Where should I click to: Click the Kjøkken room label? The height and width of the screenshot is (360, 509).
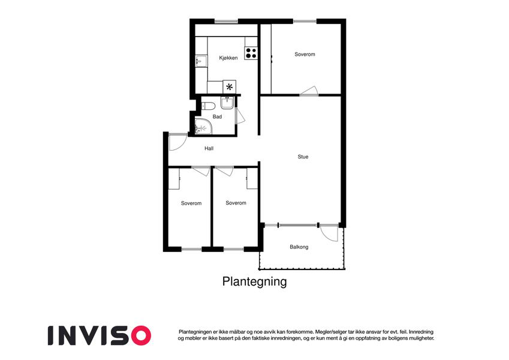pyautogui.click(x=228, y=58)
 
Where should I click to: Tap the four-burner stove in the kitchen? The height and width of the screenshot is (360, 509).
pyautogui.click(x=251, y=53)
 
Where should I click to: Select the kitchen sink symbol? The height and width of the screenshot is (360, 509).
pyautogui.click(x=201, y=61)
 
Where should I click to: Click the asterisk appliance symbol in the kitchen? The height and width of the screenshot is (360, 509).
pyautogui.click(x=230, y=87)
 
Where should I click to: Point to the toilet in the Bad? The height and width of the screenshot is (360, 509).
pyautogui.click(x=209, y=106)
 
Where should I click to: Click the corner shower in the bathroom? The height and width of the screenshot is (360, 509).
pyautogui.click(x=203, y=127)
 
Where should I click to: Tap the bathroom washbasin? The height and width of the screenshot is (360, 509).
pyautogui.click(x=227, y=103)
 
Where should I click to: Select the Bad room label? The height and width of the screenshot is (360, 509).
pyautogui.click(x=217, y=116)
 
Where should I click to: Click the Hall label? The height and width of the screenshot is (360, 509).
pyautogui.click(x=209, y=148)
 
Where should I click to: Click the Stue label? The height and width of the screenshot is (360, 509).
pyautogui.click(x=303, y=157)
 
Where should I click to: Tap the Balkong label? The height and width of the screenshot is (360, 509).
pyautogui.click(x=299, y=247)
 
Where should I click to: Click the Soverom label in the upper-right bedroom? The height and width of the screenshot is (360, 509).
pyautogui.click(x=305, y=54)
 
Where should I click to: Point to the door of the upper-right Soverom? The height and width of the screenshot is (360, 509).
pyautogui.click(x=309, y=91)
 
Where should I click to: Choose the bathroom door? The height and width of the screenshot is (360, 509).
pyautogui.click(x=240, y=115)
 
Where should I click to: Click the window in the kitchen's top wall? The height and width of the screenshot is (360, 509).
pyautogui.click(x=226, y=22)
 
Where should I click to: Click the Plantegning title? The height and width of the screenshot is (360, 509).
pyautogui.click(x=254, y=281)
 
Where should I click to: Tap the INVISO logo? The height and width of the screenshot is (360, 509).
pyautogui.click(x=100, y=335)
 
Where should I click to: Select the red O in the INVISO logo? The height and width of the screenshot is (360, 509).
pyautogui.click(x=141, y=335)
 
